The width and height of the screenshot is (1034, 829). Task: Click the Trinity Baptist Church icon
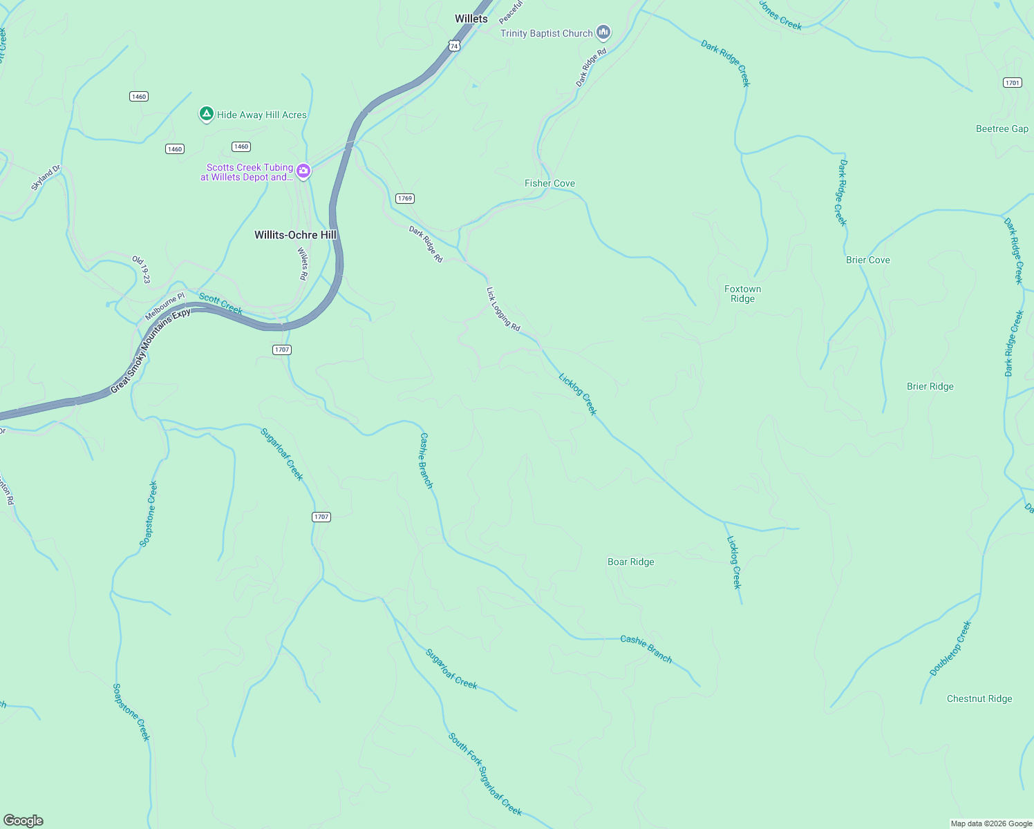coord(603,32)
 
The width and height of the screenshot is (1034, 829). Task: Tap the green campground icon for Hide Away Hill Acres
coord(206,114)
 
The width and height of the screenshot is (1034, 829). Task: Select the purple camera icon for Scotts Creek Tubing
coord(303,171)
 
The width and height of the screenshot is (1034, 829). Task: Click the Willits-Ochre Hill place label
coord(295,235)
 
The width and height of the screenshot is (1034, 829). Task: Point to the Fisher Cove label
coord(549,183)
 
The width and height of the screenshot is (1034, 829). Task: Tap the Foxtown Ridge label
coord(742,294)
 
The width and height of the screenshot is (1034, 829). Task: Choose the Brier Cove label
coord(867,260)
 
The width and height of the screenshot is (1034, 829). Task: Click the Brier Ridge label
coord(930,386)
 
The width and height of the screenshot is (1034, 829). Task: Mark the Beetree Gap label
coord(1002,128)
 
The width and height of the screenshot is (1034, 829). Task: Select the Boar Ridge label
coord(630,562)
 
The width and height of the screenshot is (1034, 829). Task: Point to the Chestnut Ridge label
coord(979,698)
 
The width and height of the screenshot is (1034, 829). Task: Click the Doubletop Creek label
coord(950,648)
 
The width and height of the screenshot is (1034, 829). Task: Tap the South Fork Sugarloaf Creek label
coord(485,774)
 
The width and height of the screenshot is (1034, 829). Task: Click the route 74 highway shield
coord(453,46)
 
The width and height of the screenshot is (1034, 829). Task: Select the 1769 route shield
coord(405,198)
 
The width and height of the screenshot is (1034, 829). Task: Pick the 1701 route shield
coord(1012,82)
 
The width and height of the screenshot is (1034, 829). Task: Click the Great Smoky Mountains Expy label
coord(150,351)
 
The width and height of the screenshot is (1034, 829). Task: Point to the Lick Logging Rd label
coord(503,309)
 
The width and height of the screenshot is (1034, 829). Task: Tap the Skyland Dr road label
coord(46,178)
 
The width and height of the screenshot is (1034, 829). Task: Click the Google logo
coord(23,821)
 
